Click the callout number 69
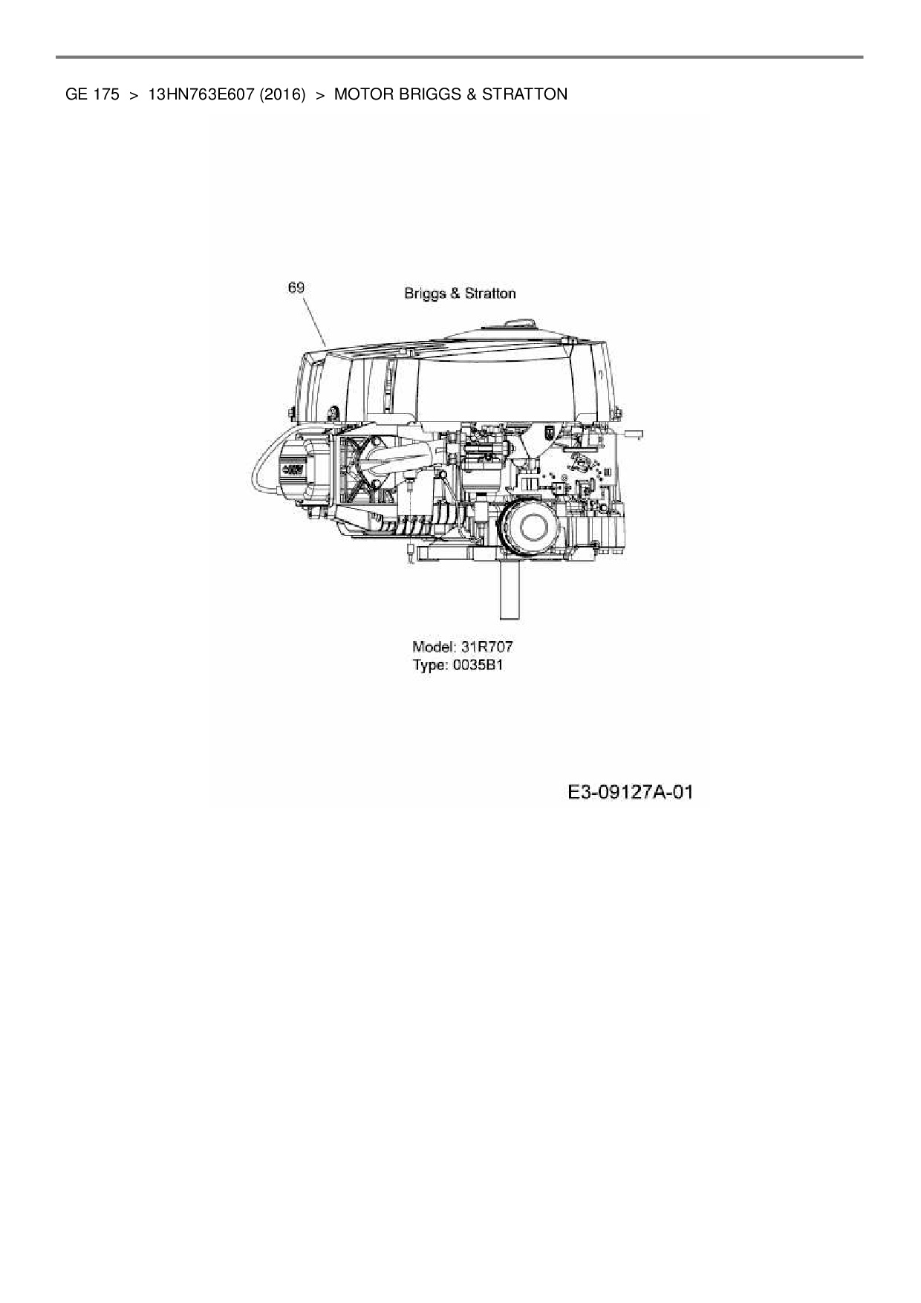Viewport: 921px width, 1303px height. [x=296, y=287]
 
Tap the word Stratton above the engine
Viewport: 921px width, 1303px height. [x=490, y=293]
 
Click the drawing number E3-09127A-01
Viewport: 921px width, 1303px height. [x=630, y=793]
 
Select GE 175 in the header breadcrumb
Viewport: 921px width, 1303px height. [x=92, y=94]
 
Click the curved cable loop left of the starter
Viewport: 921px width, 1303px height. [x=256, y=464]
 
